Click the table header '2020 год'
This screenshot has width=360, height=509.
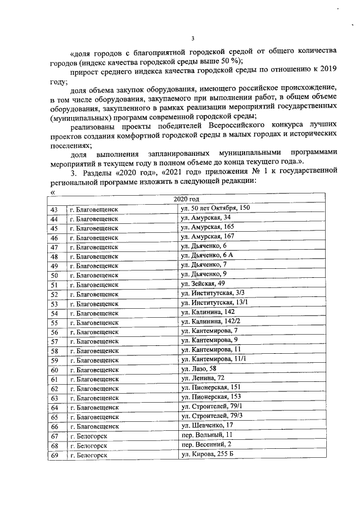coord(186,199)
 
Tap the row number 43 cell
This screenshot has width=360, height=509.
coord(55,209)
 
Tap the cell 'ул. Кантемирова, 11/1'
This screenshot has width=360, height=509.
coord(213,359)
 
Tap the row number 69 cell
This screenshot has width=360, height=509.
coord(55,455)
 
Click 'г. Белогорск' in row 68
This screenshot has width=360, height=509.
coord(88,445)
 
